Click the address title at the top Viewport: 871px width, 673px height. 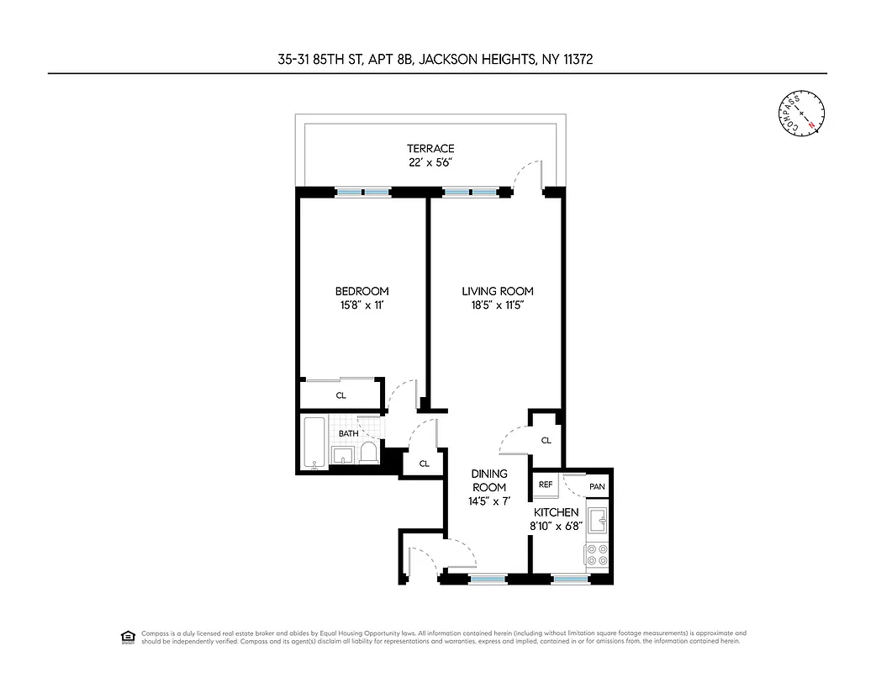point(435,59)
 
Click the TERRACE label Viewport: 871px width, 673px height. point(430,149)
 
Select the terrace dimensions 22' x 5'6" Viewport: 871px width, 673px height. point(430,162)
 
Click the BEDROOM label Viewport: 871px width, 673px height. point(362,292)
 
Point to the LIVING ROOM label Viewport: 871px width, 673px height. point(497,292)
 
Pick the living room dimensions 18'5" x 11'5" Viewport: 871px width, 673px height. point(497,306)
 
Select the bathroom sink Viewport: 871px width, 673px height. point(342,456)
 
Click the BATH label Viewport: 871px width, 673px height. point(347,434)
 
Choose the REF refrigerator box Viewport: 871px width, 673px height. point(545,485)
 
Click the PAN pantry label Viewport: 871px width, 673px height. point(596,486)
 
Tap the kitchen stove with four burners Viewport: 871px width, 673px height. point(596,554)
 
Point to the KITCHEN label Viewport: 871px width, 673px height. point(556,512)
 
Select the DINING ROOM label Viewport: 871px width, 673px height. point(488,480)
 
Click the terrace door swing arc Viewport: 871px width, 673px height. point(528,168)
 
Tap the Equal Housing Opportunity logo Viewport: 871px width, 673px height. point(128,636)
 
